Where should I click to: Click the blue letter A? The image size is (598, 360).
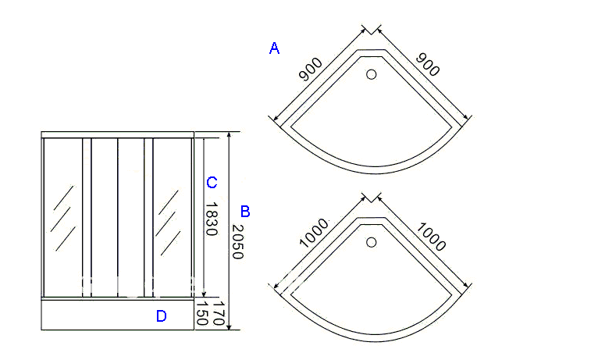[x=274, y=48]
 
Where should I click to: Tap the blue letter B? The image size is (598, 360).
[x=245, y=212]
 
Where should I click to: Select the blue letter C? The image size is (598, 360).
[x=212, y=183]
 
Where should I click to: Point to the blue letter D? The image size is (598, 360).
[x=162, y=316]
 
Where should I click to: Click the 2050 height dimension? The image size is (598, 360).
[x=237, y=241]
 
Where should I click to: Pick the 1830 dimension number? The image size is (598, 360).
[x=212, y=219]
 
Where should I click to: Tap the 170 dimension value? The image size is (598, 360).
[x=219, y=313]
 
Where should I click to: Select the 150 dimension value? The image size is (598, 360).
[x=201, y=313]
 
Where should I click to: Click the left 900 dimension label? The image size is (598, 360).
[x=311, y=70]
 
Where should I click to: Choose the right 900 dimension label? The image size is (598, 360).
[x=428, y=65]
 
